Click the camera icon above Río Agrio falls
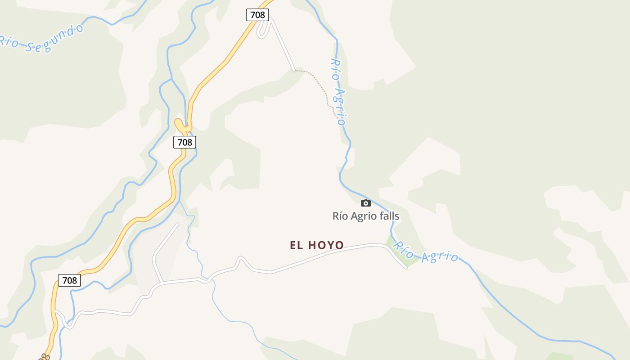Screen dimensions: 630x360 tap(366, 203)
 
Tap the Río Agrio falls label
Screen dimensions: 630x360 tap(365, 216)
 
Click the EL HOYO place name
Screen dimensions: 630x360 tap(317, 245)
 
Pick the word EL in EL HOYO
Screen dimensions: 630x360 tap(296, 245)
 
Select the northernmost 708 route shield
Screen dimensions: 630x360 tap(257, 15)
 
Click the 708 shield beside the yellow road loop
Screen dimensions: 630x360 tap(184, 142)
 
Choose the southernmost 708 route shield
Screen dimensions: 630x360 tap(69, 280)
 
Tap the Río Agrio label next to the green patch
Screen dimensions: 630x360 tap(426, 252)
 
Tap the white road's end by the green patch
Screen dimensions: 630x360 tap(406, 268)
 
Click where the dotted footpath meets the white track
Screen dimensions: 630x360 tap(294, 71)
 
